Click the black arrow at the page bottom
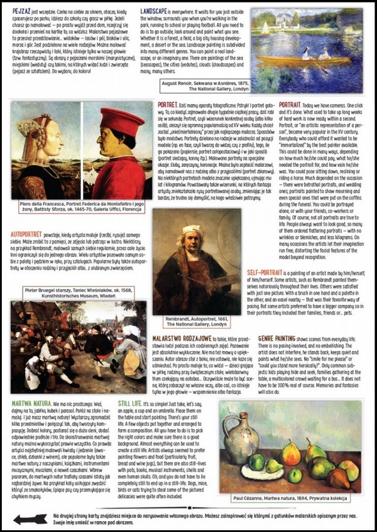pos(30,519)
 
